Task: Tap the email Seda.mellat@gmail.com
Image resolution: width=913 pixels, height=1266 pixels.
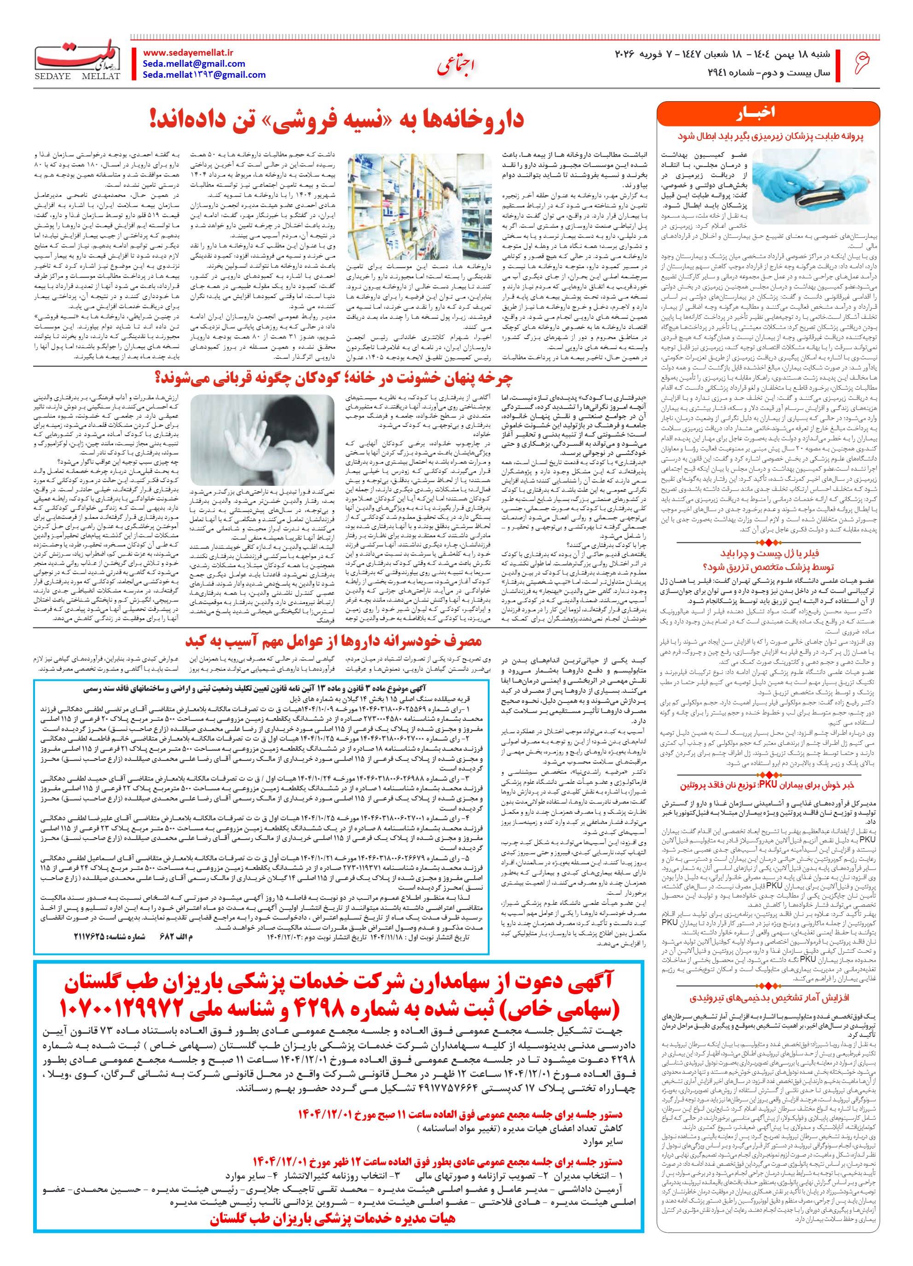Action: [193, 63]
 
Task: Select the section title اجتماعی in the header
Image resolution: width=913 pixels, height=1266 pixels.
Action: [456, 66]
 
